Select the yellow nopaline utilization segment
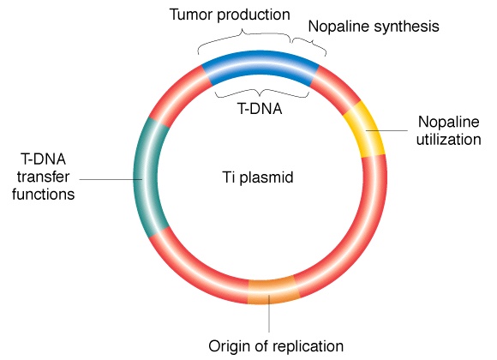coord(364,129)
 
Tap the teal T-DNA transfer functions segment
coord(147,177)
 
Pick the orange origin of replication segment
coord(272,291)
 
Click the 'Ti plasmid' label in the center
coord(258,177)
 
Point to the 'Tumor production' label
coord(230,15)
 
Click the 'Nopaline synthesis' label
coord(374,27)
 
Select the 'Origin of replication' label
coord(276,345)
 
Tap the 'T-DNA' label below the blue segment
coord(260,109)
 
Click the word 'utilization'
coord(448,140)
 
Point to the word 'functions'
coord(44,194)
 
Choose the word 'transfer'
coord(43,177)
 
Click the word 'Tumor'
coord(191,15)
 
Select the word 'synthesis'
coord(407,27)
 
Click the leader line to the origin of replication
coord(269,314)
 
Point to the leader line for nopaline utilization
coord(386,130)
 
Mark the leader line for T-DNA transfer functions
coord(111,179)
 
